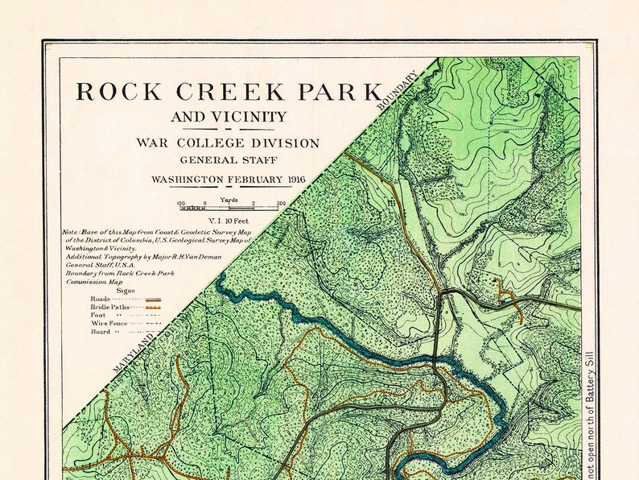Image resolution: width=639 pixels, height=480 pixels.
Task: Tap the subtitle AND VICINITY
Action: (x=229, y=118)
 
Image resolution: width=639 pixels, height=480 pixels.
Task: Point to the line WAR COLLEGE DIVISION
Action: (x=228, y=143)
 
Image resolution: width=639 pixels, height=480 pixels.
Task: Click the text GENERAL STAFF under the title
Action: (x=229, y=160)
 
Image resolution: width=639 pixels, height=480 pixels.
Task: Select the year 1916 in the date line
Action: (x=291, y=179)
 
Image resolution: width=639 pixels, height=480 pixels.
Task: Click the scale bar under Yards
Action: (x=229, y=208)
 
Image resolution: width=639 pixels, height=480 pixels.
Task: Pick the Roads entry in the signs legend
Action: (x=101, y=299)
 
